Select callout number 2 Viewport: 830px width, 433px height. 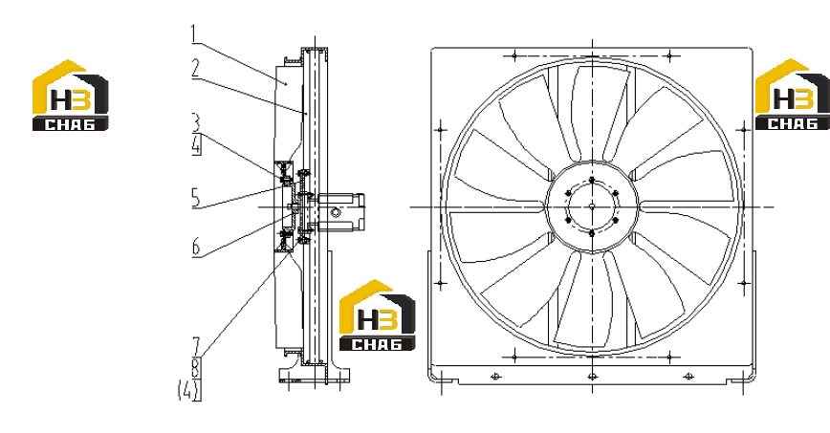coord(196,69)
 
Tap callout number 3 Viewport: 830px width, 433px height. coord(196,122)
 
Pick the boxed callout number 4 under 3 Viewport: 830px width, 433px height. coord(196,145)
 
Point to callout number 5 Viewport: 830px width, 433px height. coord(196,198)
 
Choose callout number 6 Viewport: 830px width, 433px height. coord(196,247)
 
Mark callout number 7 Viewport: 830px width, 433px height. coord(196,347)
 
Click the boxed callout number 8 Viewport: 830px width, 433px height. coord(196,368)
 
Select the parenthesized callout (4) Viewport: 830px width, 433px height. coord(189,390)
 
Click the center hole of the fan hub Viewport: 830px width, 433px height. coord(592,206)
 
